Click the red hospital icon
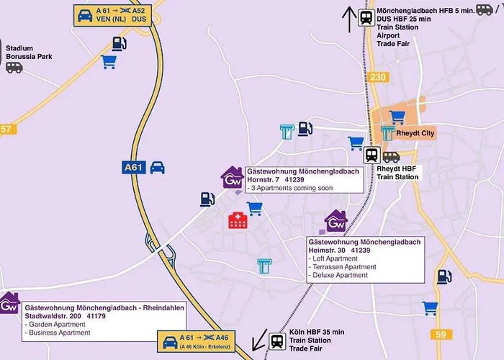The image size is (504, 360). pos(237,220)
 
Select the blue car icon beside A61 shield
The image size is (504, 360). pos(157,167)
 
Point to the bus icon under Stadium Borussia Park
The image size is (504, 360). pos(14,67)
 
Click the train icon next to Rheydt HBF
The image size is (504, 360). pos(372,154)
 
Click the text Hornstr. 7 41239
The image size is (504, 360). pos(274,179)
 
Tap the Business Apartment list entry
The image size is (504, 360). pos(57,333)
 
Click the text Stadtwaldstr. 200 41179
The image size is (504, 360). pos(66,315)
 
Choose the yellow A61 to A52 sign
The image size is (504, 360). pos(115,15)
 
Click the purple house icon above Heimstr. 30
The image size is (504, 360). pos(336,222)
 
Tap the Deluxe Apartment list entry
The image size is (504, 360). pos(337,275)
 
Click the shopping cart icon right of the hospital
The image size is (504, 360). pos(254,207)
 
